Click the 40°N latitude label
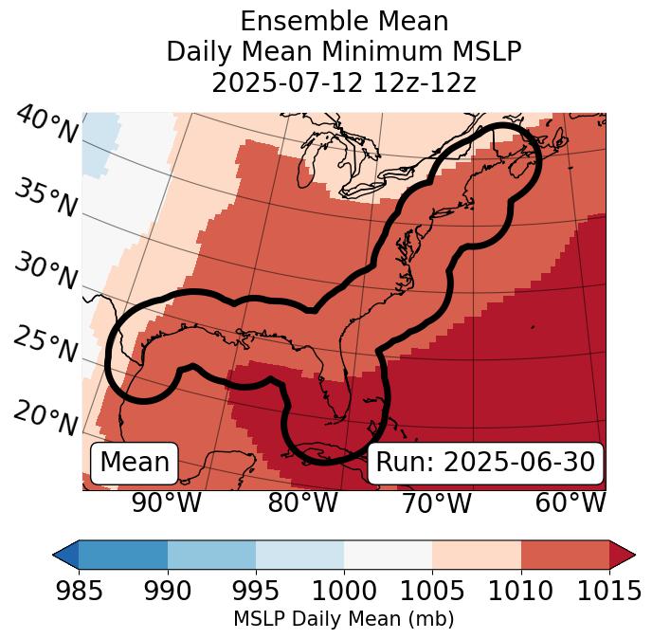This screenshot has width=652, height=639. [46, 125]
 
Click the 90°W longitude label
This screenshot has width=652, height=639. [167, 503]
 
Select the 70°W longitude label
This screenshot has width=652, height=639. [437, 503]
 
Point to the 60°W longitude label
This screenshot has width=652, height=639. [570, 503]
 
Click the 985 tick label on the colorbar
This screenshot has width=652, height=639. [79, 592]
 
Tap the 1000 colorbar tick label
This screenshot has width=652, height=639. [344, 592]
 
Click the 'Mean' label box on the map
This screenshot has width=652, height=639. [135, 462]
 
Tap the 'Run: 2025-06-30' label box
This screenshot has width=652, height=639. [485, 462]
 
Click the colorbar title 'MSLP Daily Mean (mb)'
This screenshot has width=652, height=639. [344, 620]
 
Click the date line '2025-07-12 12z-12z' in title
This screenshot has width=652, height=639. [344, 82]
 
